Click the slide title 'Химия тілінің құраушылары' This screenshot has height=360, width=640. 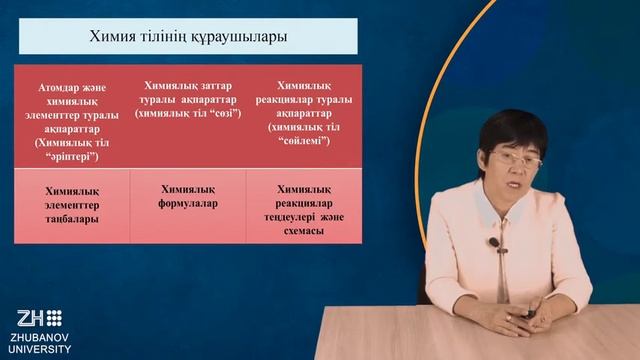(188, 36)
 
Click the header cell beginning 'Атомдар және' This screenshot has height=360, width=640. (72, 115)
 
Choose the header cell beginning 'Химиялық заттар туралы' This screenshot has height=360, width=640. (188, 100)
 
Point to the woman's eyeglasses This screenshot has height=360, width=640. (516, 158)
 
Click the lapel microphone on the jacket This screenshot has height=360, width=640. (493, 242)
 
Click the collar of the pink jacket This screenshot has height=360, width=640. (490, 210)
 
